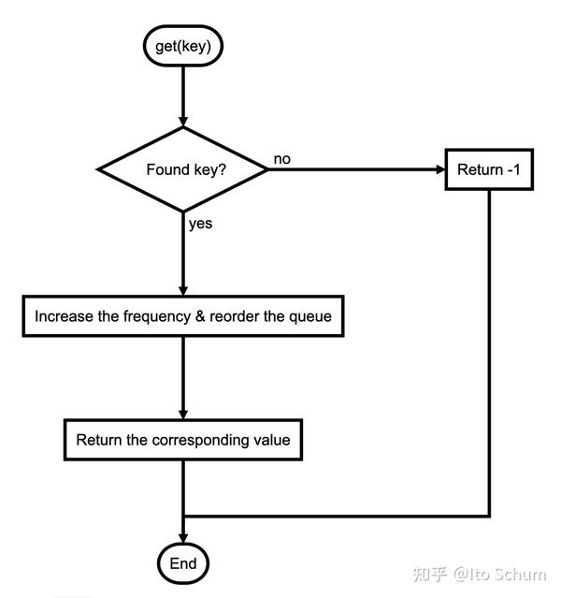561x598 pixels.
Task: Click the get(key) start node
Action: pos(183,46)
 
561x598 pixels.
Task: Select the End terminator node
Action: pos(183,563)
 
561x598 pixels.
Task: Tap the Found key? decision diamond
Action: pos(183,169)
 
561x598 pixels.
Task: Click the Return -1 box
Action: pos(489,169)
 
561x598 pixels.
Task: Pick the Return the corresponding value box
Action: pos(183,440)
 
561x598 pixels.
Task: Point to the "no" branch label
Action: pos(282,159)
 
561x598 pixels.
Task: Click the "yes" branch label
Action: pos(200,224)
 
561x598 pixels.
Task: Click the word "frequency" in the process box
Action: pos(157,316)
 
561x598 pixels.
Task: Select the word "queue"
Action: pos(309,317)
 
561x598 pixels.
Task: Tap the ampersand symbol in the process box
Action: pos(200,316)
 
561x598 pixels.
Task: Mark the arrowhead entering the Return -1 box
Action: pos(440,169)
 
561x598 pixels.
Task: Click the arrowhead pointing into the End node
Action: pos(183,538)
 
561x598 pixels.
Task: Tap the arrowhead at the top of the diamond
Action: pos(183,122)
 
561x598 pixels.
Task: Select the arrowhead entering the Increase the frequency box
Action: pos(183,291)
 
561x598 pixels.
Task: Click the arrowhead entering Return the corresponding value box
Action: pos(183,415)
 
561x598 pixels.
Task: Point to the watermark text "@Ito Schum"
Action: pos(500,574)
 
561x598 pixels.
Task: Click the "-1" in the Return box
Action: pos(514,169)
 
